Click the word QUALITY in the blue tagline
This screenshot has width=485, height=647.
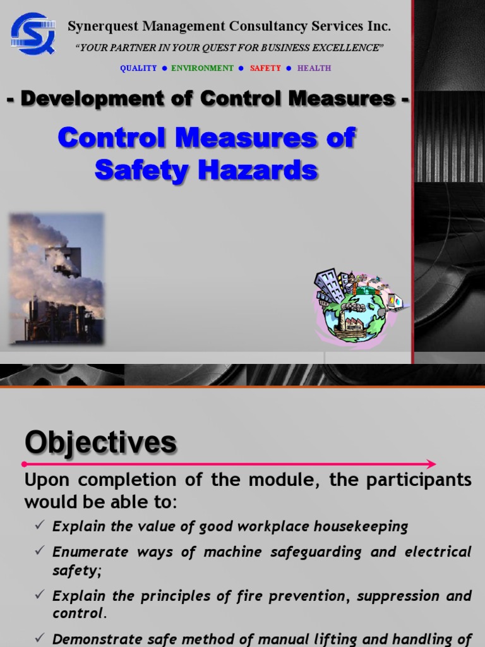point(138,68)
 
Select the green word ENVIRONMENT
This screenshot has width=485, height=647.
point(202,68)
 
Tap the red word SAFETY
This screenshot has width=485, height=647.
point(265,68)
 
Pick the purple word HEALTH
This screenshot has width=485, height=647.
point(314,68)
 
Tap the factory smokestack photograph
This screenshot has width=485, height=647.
point(56,279)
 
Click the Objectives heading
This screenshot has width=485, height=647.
point(100,443)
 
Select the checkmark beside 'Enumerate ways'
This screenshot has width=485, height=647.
point(39,552)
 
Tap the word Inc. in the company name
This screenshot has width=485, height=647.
point(380,27)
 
